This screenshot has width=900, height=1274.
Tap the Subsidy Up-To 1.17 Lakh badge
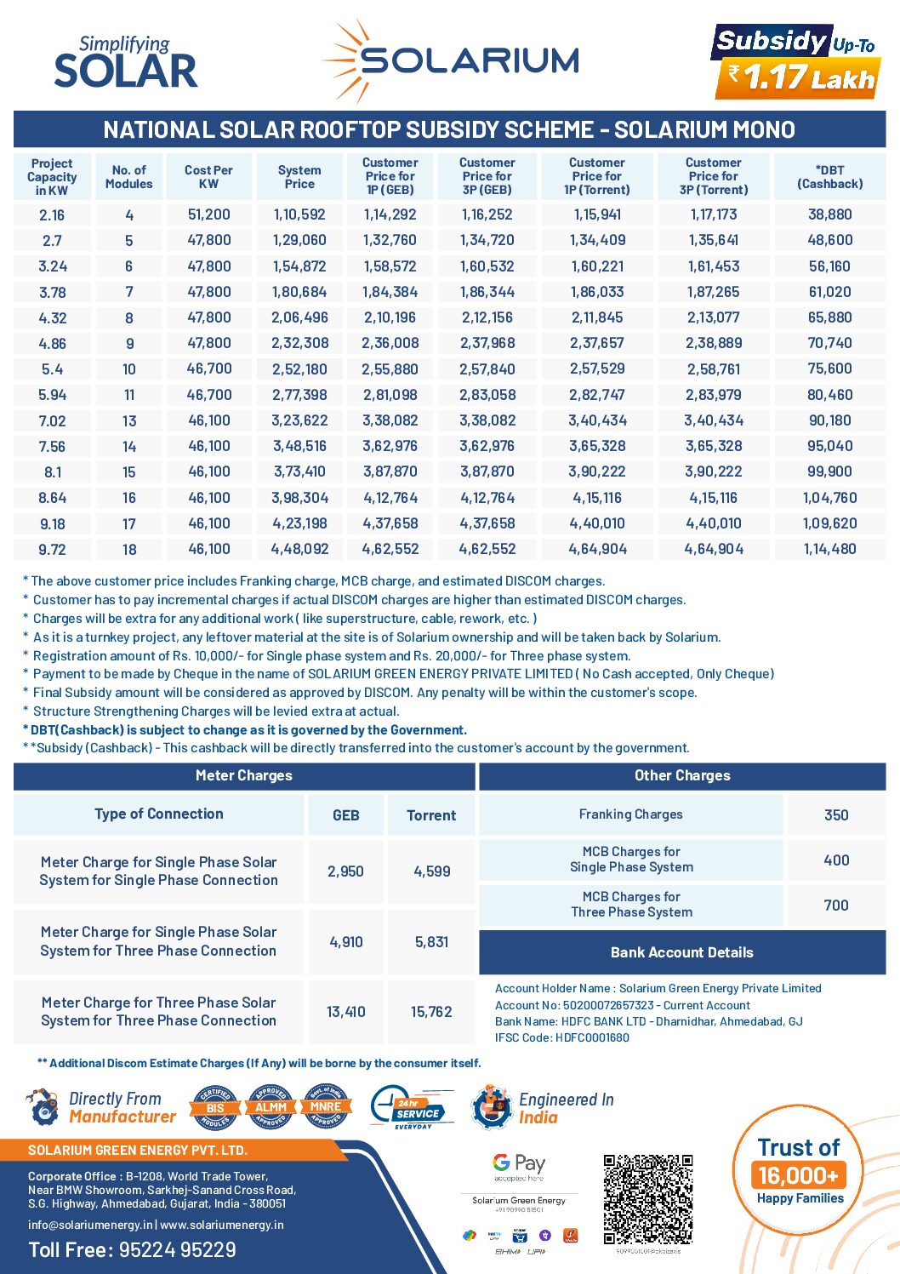(x=796, y=61)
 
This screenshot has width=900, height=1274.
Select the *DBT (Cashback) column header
(x=829, y=177)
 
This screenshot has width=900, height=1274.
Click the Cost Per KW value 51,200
(x=208, y=214)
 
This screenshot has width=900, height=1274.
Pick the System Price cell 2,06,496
(x=299, y=317)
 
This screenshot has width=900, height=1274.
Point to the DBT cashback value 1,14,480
(x=829, y=549)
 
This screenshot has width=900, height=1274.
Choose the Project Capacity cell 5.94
(x=52, y=395)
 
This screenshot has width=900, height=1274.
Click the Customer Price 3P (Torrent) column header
(x=713, y=176)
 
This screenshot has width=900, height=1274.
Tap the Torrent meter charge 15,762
(x=431, y=1012)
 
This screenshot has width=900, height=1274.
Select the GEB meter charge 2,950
(x=345, y=871)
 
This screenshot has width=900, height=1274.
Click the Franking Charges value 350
(x=836, y=815)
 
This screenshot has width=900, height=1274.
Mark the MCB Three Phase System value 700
(x=836, y=906)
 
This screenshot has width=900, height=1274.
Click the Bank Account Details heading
(x=681, y=952)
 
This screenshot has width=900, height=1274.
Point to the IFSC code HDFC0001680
(x=592, y=1037)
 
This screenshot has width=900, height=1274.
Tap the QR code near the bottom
(x=648, y=1199)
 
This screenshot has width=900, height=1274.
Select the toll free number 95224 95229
(x=177, y=1249)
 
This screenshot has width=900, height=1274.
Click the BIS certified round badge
(x=215, y=1107)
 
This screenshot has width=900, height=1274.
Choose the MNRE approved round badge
(x=325, y=1107)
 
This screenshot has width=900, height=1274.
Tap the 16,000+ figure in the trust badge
(x=798, y=1175)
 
